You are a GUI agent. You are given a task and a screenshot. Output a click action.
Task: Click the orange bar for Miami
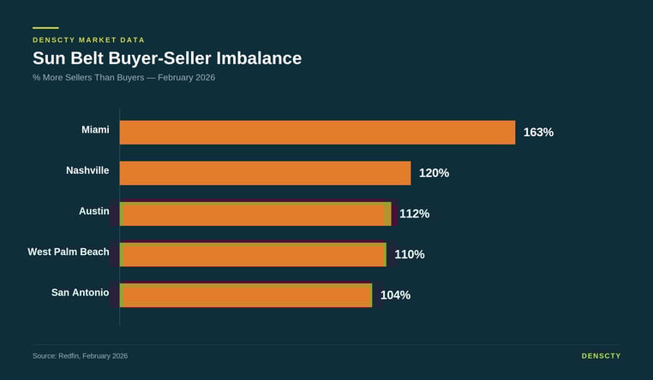point(317,133)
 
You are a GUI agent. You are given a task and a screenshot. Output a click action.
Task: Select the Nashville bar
point(265,173)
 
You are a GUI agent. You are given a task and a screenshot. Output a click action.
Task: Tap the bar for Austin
point(255,214)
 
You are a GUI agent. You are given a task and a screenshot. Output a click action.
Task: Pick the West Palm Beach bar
point(253,254)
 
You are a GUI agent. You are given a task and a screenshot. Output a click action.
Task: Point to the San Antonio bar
point(246,295)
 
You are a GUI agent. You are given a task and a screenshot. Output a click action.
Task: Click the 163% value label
point(538,133)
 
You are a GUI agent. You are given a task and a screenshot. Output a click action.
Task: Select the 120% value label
point(434,173)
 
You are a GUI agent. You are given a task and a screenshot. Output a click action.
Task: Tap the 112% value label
point(414,214)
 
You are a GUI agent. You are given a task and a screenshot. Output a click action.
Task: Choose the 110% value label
point(410,254)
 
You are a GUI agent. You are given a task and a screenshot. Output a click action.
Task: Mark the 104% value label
point(395,295)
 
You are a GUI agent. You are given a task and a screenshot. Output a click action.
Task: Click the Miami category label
point(95,129)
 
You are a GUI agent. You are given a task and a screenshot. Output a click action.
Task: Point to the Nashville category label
point(87,170)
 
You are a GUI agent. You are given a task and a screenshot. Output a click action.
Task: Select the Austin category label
point(93,211)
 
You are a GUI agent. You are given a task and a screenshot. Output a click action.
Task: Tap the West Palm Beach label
point(69,252)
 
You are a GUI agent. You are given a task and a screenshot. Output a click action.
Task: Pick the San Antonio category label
point(80,293)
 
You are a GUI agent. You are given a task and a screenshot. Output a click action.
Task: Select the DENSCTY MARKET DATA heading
point(88,40)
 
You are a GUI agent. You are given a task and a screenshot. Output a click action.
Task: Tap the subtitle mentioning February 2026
point(123,78)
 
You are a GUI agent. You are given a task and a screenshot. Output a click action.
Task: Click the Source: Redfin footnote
point(80,355)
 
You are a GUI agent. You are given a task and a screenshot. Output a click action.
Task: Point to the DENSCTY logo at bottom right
point(601,355)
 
